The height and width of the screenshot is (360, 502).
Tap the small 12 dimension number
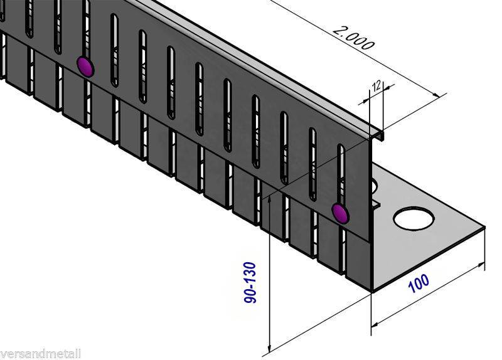pos(376,86)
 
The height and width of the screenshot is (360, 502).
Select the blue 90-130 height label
pos(250,282)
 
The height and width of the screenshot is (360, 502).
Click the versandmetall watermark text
pos(40,354)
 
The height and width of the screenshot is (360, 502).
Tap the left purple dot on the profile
pos(85,67)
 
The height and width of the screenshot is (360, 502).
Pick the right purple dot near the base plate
pos(340,213)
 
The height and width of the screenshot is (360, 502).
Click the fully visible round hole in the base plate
pos(414,220)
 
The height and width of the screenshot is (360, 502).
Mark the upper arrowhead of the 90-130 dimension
pos(270,199)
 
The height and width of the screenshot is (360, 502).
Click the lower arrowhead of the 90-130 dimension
pos(270,348)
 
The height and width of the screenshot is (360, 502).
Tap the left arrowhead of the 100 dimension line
pos(375,324)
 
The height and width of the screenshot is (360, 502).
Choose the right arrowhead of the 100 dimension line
pos(480,265)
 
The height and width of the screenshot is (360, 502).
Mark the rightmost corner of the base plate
pos(484,228)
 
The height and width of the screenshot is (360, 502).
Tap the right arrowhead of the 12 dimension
pos(387,87)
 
